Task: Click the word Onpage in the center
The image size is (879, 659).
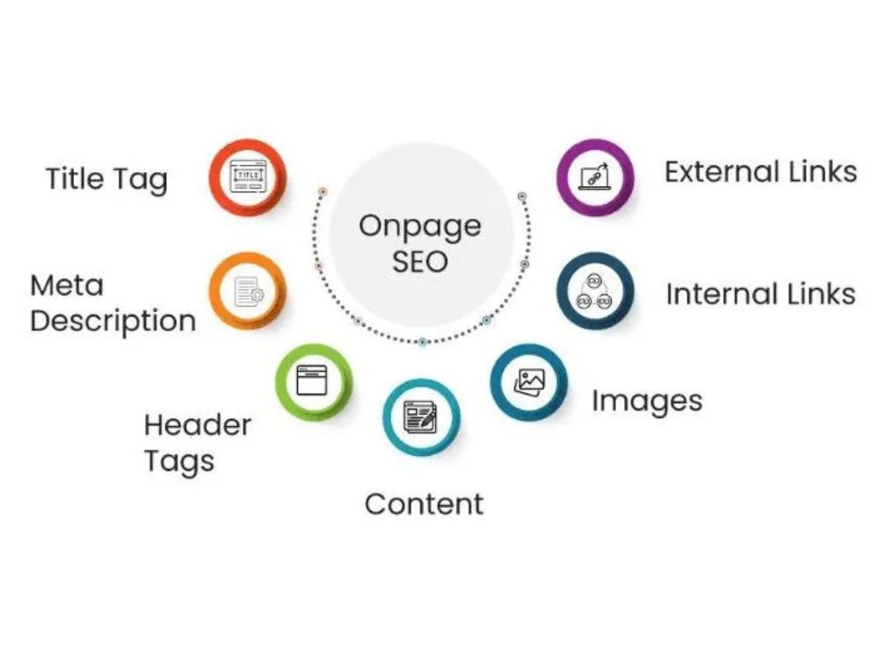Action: (x=420, y=227)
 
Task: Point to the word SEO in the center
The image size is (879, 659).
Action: (x=420, y=262)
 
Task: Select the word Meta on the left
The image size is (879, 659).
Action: (x=67, y=286)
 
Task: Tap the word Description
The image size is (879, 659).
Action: (x=113, y=322)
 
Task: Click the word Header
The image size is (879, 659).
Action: (x=197, y=425)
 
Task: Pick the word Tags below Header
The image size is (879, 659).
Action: (x=179, y=462)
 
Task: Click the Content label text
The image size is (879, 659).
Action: (x=424, y=504)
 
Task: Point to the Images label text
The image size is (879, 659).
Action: (x=647, y=402)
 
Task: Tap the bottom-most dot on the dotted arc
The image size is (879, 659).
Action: (x=423, y=341)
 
